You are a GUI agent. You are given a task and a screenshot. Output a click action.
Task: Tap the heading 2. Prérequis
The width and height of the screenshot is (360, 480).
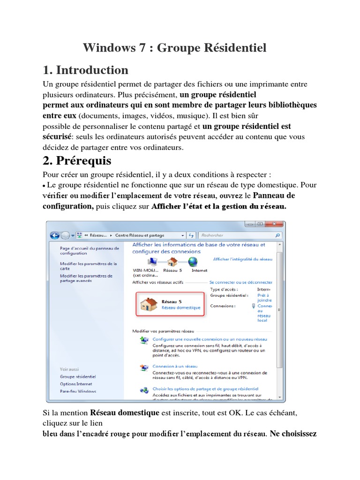77,161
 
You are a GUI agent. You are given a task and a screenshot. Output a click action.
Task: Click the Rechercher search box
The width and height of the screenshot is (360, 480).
237,235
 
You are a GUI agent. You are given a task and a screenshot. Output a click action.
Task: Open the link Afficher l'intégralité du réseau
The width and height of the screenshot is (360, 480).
242,259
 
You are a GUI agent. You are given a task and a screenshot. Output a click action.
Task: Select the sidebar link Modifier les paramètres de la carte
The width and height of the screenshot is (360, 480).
88,266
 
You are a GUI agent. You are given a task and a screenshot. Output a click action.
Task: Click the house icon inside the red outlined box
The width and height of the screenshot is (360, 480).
149,304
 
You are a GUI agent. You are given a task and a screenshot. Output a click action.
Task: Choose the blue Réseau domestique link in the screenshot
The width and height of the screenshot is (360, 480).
180,308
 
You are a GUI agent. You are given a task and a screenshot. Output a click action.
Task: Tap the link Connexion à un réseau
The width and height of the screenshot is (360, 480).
175,366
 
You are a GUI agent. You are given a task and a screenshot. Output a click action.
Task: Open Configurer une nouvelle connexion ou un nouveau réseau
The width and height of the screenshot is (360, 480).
210,338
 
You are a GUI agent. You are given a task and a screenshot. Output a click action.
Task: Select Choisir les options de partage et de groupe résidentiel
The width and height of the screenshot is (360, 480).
205,389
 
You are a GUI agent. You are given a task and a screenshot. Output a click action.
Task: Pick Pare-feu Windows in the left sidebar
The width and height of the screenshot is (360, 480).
78,391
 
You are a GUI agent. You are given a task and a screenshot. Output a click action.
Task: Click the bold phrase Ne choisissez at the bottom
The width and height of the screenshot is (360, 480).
293,434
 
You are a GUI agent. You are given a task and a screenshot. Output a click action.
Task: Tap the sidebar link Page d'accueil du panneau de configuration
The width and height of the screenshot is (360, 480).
89,250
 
